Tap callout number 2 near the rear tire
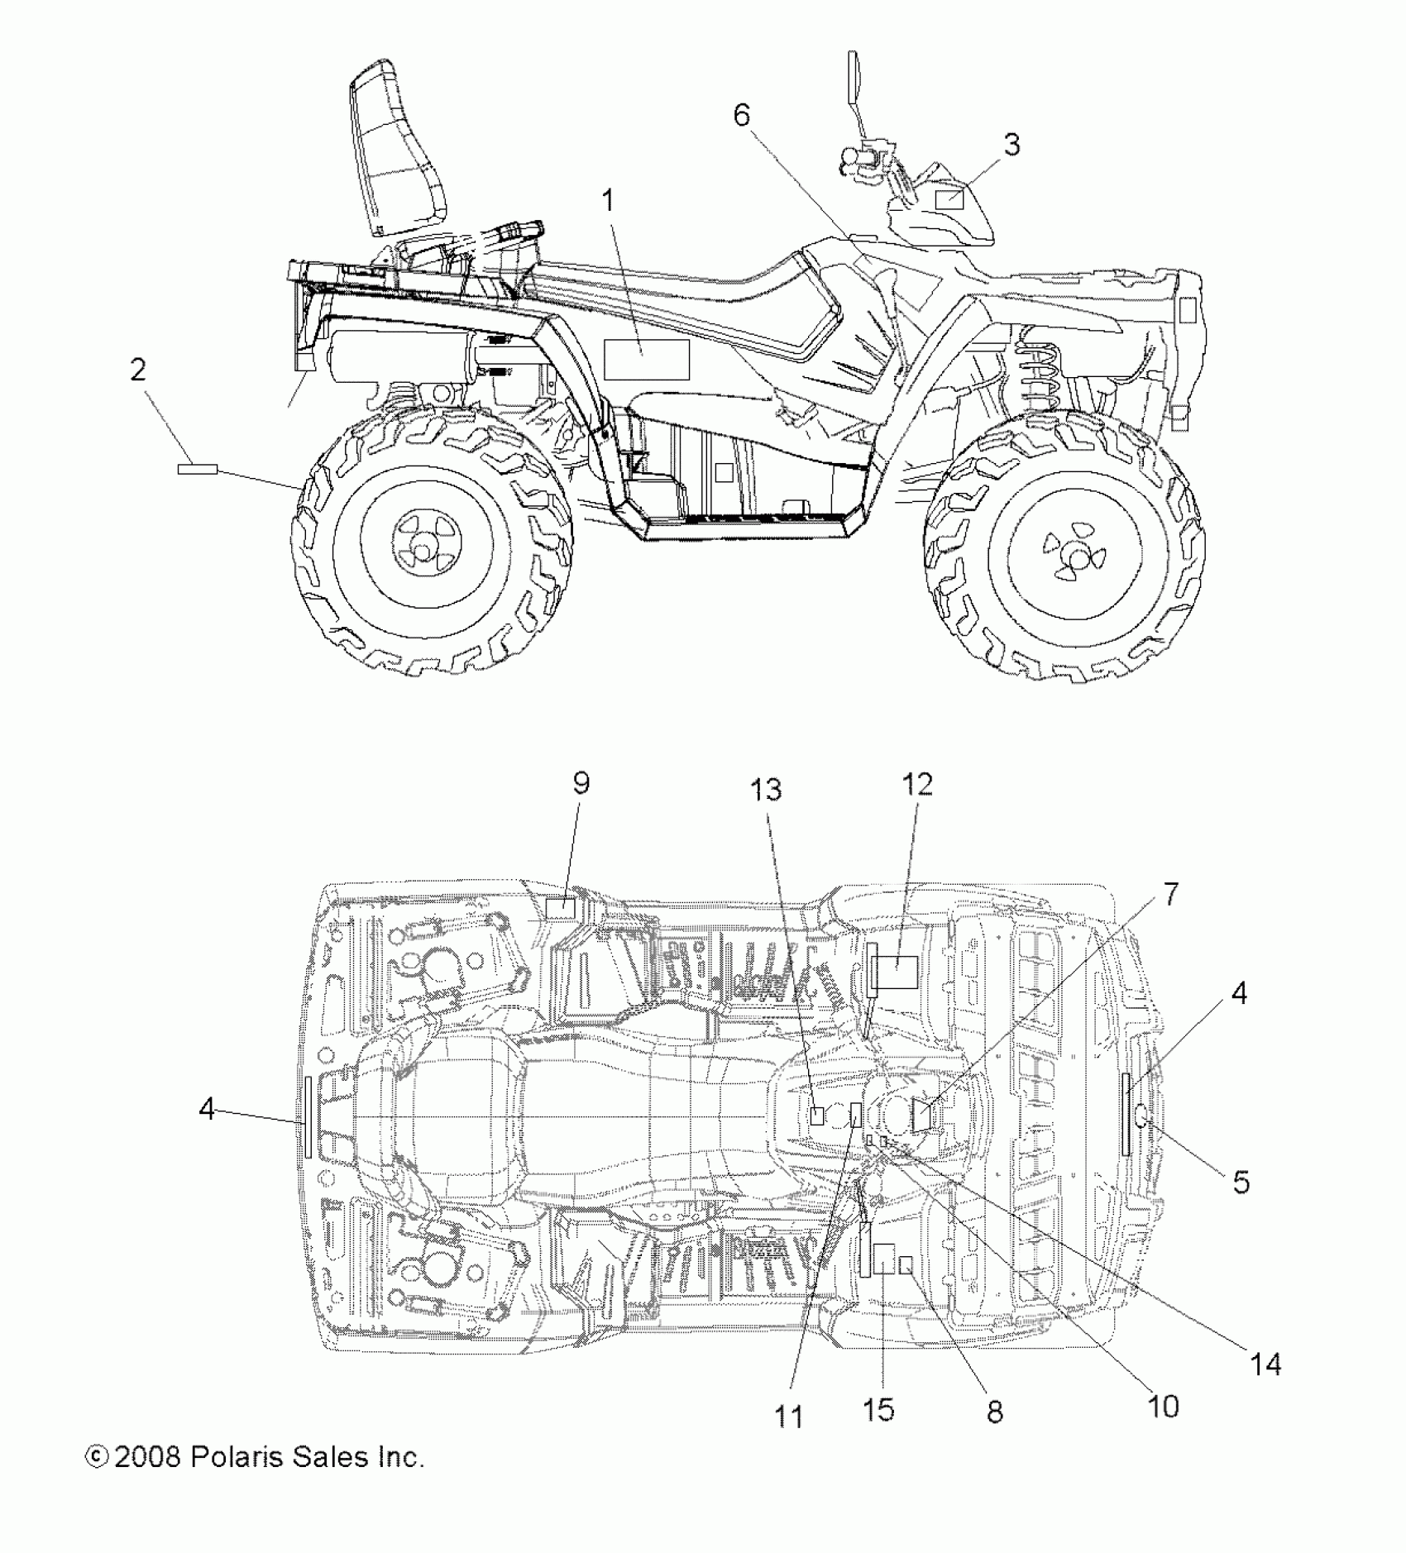[138, 369]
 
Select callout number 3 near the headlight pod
[1011, 145]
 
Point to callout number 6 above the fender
[741, 116]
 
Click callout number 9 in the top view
[581, 783]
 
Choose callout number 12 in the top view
[917, 784]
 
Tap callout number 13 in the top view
[766, 791]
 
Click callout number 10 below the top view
[1164, 1406]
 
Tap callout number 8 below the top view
[995, 1412]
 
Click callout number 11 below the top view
[789, 1417]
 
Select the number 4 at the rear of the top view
[207, 1109]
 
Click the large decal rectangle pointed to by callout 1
[647, 359]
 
